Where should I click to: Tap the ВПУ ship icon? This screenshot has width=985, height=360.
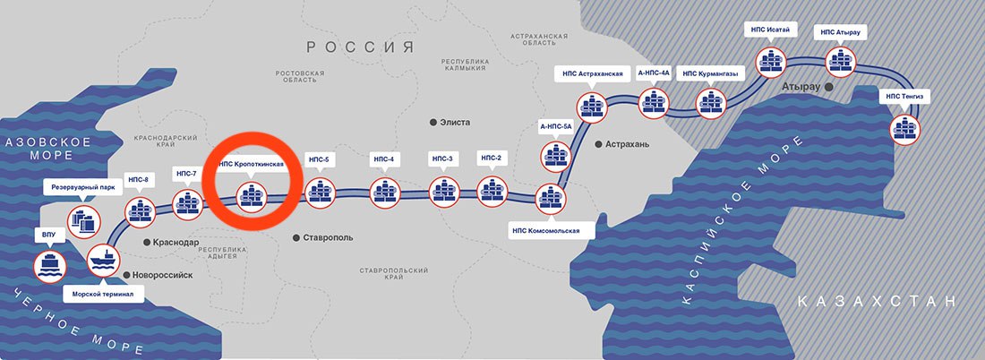pyautogui.click(x=49, y=266)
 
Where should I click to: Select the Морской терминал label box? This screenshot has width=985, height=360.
pyautogui.click(x=104, y=294)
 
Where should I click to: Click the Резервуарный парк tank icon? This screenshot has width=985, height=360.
pyautogui.click(x=83, y=222)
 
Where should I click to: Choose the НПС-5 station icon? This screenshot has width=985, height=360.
pyautogui.click(x=320, y=193)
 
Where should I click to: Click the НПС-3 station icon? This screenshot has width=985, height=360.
pyautogui.click(x=445, y=192)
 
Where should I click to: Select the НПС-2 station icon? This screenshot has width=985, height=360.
pyautogui.click(x=492, y=192)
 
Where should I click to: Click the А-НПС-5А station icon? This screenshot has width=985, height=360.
pyautogui.click(x=556, y=157)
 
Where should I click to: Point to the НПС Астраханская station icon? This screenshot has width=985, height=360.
pyautogui.click(x=591, y=107)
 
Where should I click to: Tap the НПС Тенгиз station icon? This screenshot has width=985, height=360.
pyautogui.click(x=906, y=130)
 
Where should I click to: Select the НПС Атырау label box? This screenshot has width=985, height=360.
pyautogui.click(x=840, y=31)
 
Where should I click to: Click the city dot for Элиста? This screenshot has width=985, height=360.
pyautogui.click(x=433, y=122)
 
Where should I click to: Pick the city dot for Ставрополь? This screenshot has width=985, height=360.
pyautogui.click(x=295, y=237)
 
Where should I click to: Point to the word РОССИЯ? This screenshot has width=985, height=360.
pyautogui.click(x=361, y=47)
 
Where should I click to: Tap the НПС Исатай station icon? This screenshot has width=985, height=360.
pyautogui.click(x=771, y=62)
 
